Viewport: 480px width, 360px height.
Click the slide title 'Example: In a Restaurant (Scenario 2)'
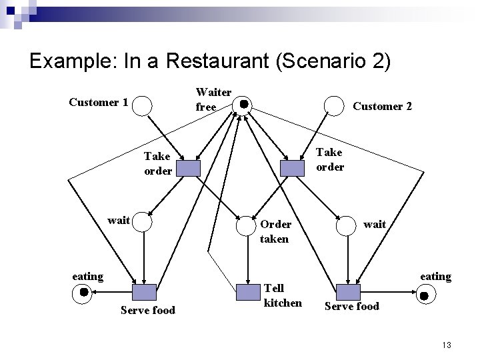click(209, 61)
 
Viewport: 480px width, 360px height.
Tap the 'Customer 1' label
click(99, 102)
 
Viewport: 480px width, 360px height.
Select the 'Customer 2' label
click(382, 106)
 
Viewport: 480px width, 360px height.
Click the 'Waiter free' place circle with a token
click(244, 104)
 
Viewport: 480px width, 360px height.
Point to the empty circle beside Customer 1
click(143, 104)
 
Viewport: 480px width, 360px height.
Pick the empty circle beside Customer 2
click(333, 105)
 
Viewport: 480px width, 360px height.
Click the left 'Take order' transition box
click(189, 168)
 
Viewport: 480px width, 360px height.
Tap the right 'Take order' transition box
click(292, 168)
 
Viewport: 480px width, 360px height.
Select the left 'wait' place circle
click(143, 221)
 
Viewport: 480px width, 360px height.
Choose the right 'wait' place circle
click(347, 225)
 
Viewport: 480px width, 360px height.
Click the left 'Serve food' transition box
click(144, 292)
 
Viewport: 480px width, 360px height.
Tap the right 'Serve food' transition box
click(347, 292)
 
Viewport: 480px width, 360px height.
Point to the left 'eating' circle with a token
click(83, 292)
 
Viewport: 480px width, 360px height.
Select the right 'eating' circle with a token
click(423, 293)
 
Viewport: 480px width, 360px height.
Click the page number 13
click(446, 345)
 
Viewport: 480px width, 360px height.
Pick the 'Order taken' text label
click(274, 231)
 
